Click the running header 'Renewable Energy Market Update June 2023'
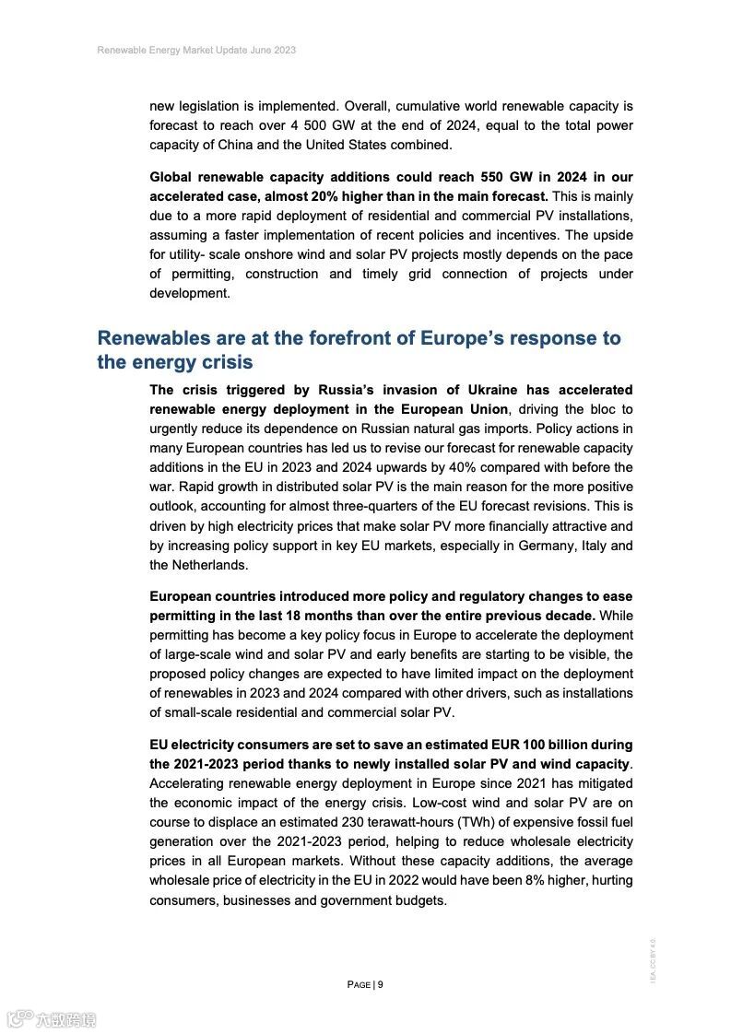pyautogui.click(x=196, y=50)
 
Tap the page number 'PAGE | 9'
pyautogui.click(x=365, y=984)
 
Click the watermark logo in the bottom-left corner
pyautogui.click(x=52, y=1019)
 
